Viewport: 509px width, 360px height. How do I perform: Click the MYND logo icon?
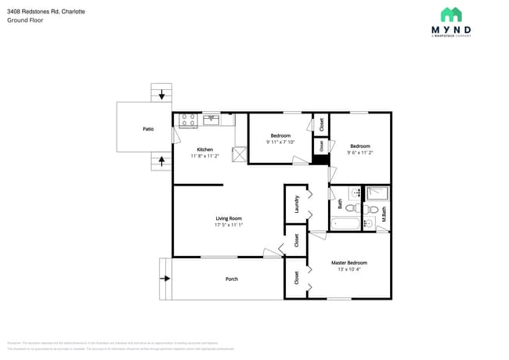click(x=450, y=15)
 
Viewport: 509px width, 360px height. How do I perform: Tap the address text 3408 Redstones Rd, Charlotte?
click(x=46, y=12)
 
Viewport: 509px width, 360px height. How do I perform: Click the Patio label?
click(x=148, y=129)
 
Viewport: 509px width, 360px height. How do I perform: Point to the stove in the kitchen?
click(x=188, y=120)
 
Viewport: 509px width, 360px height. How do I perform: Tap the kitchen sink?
click(x=211, y=120)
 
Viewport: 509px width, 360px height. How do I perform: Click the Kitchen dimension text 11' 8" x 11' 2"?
click(x=205, y=157)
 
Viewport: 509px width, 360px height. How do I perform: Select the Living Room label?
click(x=229, y=218)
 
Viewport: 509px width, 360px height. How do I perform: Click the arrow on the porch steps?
click(x=165, y=278)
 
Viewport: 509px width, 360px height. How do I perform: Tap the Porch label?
click(x=232, y=279)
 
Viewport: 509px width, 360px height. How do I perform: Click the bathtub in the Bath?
click(x=345, y=224)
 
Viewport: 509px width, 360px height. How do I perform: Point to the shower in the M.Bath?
click(x=377, y=193)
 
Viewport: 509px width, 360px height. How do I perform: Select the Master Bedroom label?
click(x=348, y=263)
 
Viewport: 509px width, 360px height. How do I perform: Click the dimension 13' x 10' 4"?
click(x=348, y=270)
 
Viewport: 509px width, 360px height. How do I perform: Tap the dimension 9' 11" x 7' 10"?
click(x=280, y=142)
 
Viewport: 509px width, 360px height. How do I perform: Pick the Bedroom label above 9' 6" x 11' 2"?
click(x=360, y=146)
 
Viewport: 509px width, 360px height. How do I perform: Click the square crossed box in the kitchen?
click(x=240, y=156)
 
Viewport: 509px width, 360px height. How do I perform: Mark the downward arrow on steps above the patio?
click(x=162, y=95)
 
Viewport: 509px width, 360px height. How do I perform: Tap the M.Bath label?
click(x=384, y=214)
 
